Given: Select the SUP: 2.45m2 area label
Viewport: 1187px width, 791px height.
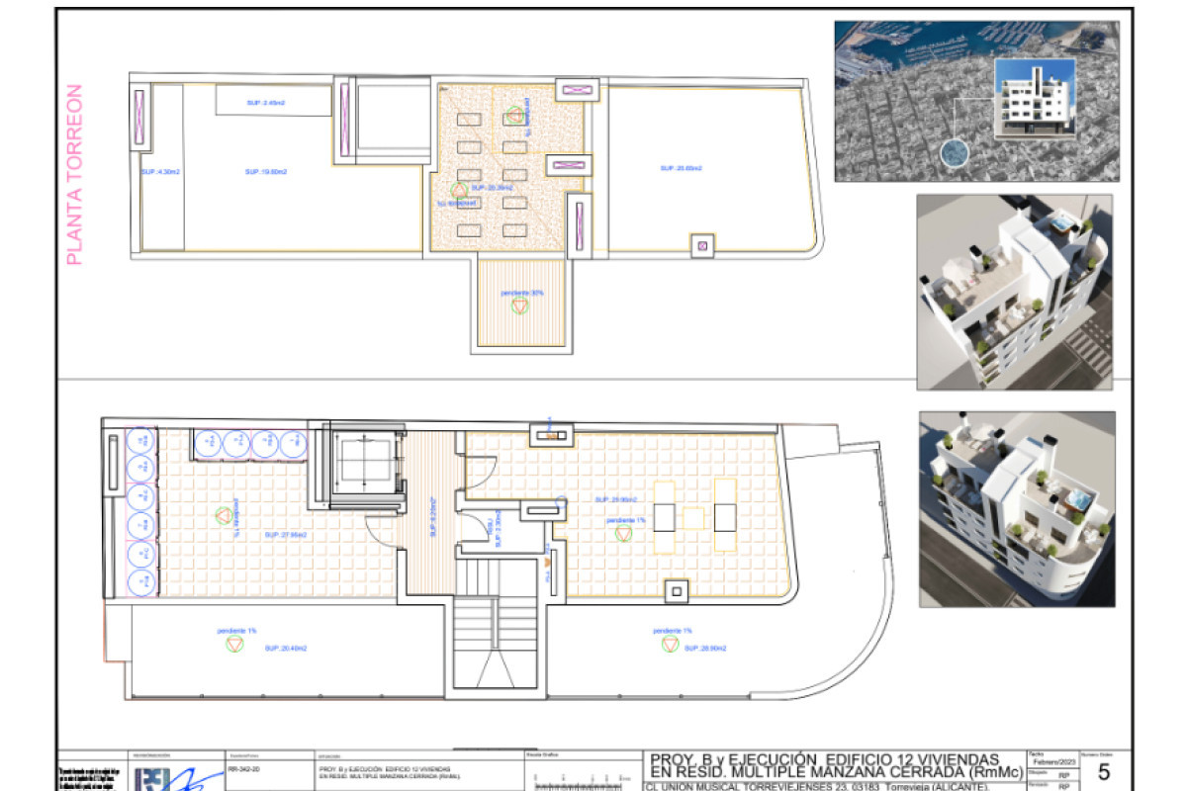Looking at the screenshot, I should click(265, 103).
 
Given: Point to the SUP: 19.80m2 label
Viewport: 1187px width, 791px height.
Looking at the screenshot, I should click(266, 171).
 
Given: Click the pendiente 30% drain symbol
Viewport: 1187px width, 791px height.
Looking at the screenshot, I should click(520, 307).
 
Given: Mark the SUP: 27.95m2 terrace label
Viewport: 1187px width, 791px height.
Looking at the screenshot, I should click(286, 534).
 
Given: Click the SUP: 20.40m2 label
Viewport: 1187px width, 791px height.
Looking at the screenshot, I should click(286, 648).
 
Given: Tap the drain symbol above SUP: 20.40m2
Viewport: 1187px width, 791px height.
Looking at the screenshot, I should click(234, 645).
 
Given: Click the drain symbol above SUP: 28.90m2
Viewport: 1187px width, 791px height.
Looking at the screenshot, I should click(670, 645).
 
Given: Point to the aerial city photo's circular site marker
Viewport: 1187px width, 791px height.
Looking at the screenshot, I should click(954, 153).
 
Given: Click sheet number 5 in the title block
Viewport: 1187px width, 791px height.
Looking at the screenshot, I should click(1104, 772).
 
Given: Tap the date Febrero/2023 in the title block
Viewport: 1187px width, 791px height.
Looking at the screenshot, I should click(1054, 762).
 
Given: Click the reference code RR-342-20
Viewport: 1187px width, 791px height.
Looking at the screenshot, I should click(243, 766).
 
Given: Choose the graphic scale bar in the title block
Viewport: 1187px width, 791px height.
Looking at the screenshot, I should click(579, 781).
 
